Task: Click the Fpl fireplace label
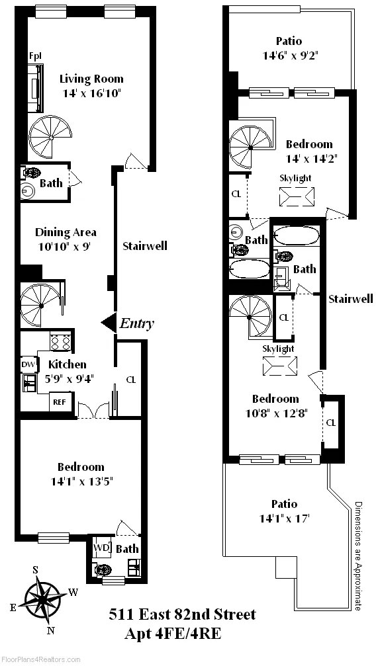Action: (x=35, y=56)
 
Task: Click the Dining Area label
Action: (x=66, y=232)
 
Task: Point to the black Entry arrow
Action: (x=107, y=323)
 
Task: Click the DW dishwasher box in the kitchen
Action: (x=28, y=364)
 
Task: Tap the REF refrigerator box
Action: (x=59, y=401)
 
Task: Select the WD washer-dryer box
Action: (x=101, y=548)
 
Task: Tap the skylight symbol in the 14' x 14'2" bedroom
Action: (x=296, y=197)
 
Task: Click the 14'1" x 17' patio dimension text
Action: (x=283, y=519)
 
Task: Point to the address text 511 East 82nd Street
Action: (x=182, y=615)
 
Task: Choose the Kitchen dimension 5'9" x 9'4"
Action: (x=67, y=379)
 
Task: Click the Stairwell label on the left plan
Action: (x=145, y=246)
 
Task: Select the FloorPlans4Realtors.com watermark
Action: (x=40, y=660)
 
